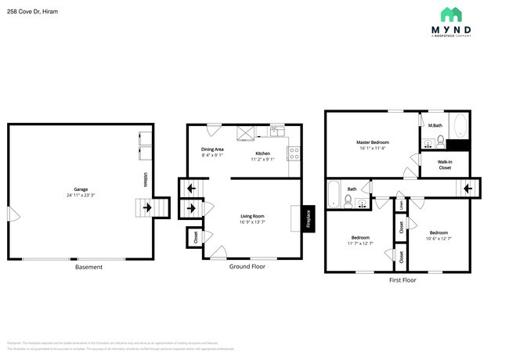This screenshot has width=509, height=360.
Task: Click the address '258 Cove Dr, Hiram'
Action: [31, 13]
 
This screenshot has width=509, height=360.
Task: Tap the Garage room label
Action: [80, 189]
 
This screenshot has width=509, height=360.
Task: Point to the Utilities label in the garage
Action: [146, 181]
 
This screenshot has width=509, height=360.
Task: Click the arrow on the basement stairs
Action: [146, 208]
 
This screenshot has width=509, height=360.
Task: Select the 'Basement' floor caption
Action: [88, 267]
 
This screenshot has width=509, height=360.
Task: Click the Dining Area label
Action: [212, 149]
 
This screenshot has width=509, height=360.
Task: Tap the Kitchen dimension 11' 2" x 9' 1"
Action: [262, 159]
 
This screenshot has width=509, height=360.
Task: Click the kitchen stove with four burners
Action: [294, 150]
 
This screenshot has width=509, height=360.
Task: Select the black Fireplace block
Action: [308, 218]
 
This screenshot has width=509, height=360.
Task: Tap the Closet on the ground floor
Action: [193, 236]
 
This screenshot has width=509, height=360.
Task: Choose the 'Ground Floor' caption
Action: [247, 267]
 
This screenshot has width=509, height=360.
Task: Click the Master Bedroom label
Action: [373, 142]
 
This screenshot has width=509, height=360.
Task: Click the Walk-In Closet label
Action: [444, 164]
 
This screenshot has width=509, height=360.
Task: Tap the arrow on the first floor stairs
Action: [467, 189]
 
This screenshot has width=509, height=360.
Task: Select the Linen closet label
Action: [401, 205]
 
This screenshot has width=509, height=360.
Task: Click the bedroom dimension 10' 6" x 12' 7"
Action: [438, 239]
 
